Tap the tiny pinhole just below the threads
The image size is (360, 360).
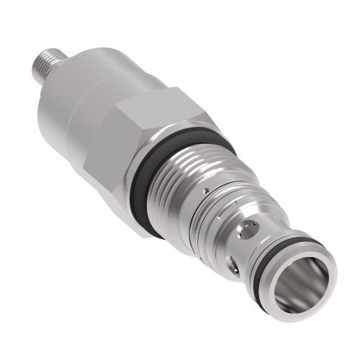(206, 192)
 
